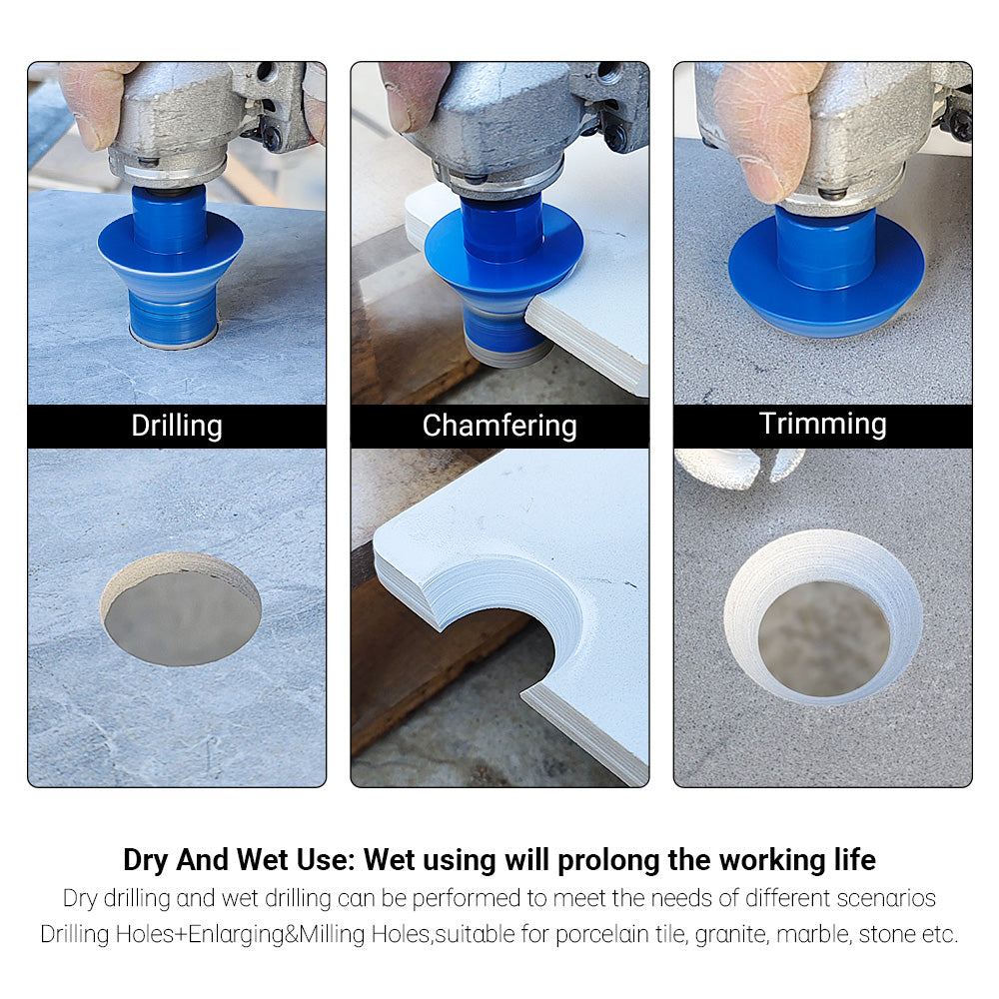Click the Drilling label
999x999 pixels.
(177, 426)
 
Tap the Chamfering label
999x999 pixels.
(499, 426)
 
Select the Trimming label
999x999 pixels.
(822, 424)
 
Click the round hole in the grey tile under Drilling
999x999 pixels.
(181, 609)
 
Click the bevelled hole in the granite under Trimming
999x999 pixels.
(823, 616)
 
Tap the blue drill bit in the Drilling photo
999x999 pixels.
(170, 265)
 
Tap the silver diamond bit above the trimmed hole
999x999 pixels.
(739, 468)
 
